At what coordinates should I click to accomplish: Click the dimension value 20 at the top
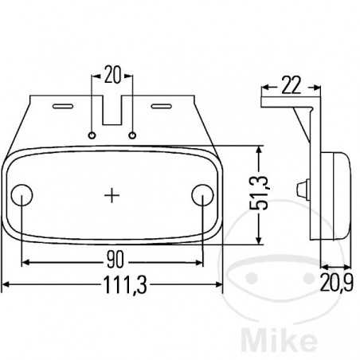tap(112, 76)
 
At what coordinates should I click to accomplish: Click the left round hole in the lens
tap(23, 195)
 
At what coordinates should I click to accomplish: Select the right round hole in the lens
tap(203, 195)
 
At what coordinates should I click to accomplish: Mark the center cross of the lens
tap(113, 194)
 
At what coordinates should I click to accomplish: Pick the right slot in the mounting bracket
tap(162, 104)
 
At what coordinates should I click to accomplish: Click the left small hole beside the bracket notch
tap(94, 135)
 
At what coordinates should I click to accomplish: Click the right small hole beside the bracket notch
tap(133, 135)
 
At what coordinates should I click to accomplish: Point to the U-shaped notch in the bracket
tap(113, 112)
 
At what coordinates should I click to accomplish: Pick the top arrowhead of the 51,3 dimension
tap(257, 150)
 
